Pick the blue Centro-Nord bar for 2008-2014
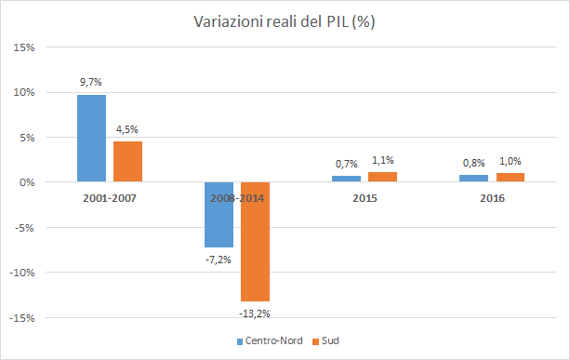pyautogui.click(x=219, y=215)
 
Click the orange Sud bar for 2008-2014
pyautogui.click(x=254, y=242)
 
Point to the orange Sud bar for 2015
pyautogui.click(x=381, y=178)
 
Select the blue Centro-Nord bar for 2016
pyautogui.click(x=472, y=179)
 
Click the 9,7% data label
pyautogui.click(x=91, y=83)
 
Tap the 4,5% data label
pyautogui.click(x=127, y=129)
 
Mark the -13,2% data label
pyautogui.click(x=254, y=313)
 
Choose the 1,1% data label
pyautogui.click(x=381, y=160)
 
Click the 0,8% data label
pyautogui.click(x=472, y=163)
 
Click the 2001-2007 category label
pyautogui.click(x=109, y=197)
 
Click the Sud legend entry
pyautogui.click(x=326, y=341)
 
